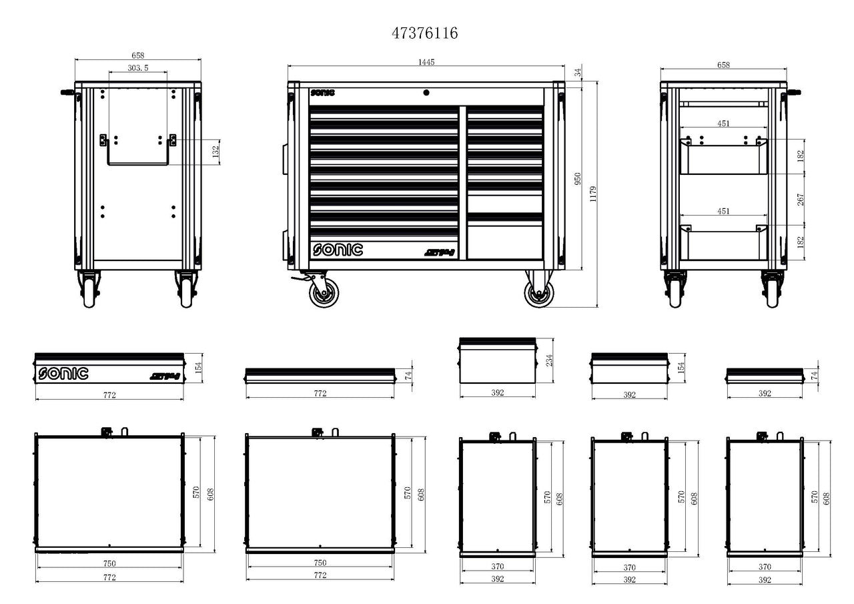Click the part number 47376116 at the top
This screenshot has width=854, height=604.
[425, 33]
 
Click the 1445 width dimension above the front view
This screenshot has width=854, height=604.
[426, 62]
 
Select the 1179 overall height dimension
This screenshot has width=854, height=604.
[592, 194]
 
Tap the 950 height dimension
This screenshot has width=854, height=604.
[578, 179]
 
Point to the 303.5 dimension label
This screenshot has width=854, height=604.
[137, 67]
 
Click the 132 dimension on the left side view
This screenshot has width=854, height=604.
[215, 152]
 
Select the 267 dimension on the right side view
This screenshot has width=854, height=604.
[801, 200]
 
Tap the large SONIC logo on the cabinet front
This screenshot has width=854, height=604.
[338, 250]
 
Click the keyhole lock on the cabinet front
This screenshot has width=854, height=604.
[426, 93]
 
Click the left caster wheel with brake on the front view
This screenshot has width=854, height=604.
[324, 292]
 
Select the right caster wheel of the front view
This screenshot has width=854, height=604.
[538, 292]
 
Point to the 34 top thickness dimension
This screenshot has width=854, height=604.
[578, 72]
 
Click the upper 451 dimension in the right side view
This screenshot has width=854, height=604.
[723, 123]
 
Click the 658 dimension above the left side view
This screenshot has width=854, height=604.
[137, 55]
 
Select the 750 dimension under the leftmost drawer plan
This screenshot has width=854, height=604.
[109, 563]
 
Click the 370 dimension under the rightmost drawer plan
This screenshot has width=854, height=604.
[765, 567]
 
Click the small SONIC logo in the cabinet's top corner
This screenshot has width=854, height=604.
[323, 93]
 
